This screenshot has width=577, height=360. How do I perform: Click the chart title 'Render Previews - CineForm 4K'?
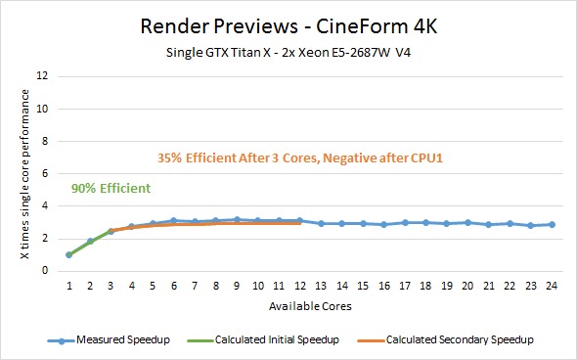tap(288, 26)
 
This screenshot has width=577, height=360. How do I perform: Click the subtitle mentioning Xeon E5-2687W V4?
tap(288, 52)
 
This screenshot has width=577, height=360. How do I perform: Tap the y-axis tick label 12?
tap(43, 76)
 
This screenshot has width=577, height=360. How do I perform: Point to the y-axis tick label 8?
tap(45, 141)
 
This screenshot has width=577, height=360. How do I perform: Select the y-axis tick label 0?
tap(45, 271)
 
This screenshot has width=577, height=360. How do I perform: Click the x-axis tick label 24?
tap(552, 286)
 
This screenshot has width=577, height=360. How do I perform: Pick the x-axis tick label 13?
tap(321, 286)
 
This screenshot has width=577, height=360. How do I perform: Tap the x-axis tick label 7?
tap(195, 286)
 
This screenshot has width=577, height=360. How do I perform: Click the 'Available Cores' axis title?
tap(310, 306)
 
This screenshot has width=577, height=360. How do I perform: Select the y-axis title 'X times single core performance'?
tap(25, 174)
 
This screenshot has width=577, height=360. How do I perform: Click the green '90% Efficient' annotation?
tap(111, 188)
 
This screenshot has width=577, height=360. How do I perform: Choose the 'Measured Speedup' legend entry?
tap(109, 339)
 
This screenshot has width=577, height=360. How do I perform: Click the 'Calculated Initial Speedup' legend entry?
tap(263, 339)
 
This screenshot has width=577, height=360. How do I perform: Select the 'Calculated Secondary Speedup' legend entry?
tap(445, 339)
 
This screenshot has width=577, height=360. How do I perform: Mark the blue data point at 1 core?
tap(68, 254)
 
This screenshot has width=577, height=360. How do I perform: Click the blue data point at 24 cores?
tap(552, 224)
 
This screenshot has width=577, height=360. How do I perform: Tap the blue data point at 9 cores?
tap(237, 220)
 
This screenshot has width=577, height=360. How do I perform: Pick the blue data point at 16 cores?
tap(383, 224)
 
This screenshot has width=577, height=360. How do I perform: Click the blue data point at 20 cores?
tap(467, 222)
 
